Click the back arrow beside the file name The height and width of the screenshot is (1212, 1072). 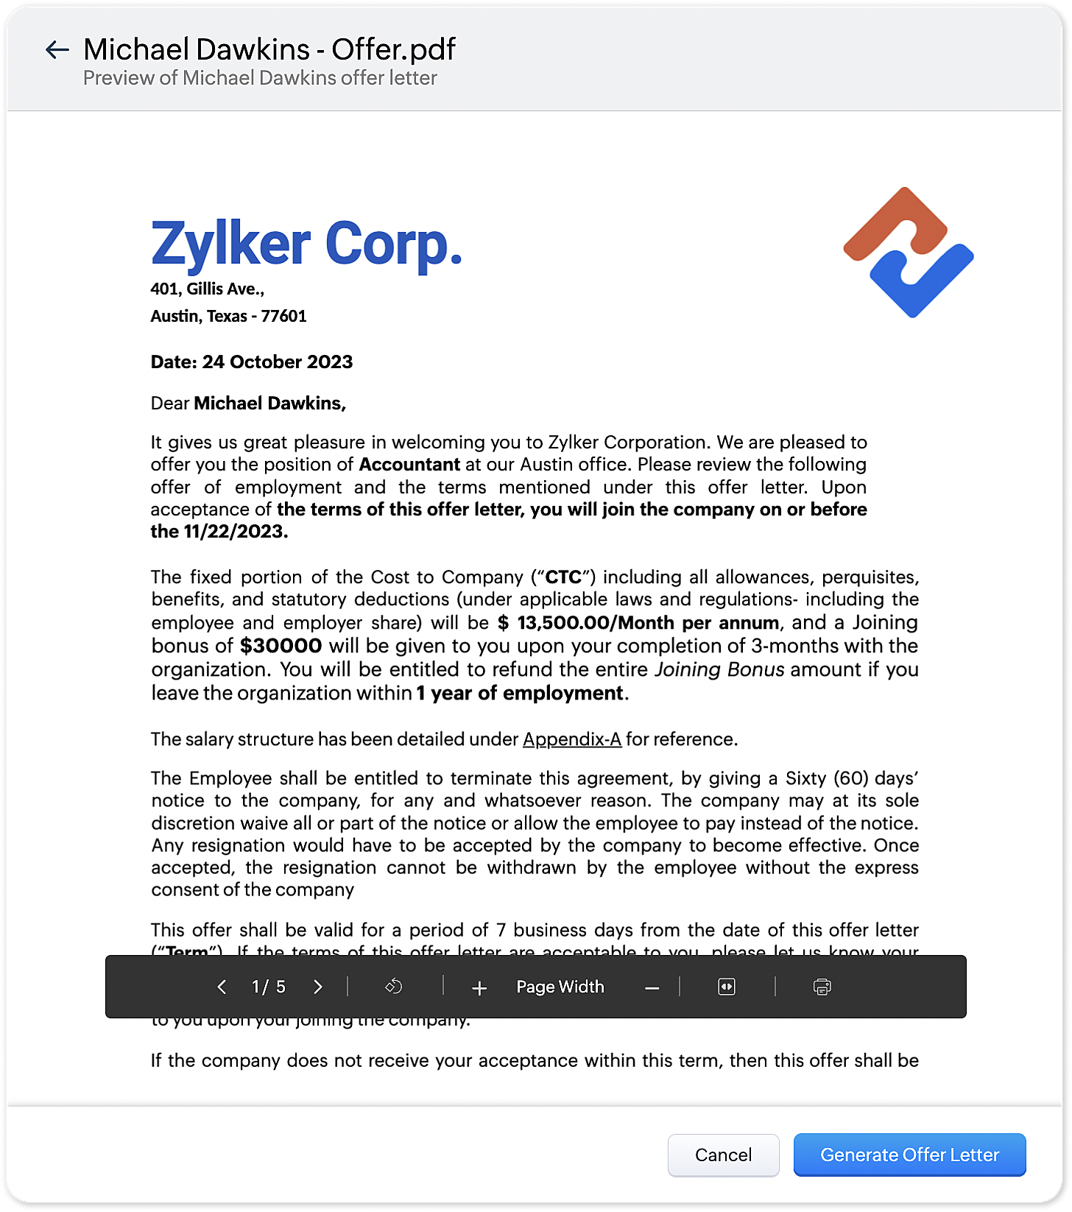pos(57,50)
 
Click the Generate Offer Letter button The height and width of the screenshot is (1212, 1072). pos(909,1155)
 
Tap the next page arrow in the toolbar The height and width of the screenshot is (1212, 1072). pos(318,987)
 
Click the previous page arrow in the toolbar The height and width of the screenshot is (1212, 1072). pos(222,987)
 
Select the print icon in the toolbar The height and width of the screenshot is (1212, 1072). pos(822,987)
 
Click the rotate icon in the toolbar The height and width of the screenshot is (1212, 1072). pos(394,987)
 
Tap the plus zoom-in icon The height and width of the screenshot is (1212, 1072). pos(479,987)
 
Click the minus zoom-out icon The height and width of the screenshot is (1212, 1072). pos(652,987)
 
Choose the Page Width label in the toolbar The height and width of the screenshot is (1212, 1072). pos(560,987)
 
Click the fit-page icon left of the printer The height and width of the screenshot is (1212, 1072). pos(726,987)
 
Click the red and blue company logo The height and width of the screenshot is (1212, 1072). pos(909,253)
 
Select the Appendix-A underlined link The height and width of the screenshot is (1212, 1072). pos(572,739)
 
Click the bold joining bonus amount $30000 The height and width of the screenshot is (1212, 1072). pos(281,646)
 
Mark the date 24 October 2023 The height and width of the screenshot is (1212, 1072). pos(278,362)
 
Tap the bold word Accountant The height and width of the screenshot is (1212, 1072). pos(409,465)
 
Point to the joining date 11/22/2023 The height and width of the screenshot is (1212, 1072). pos(233,532)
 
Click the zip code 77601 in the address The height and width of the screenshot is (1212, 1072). pos(283,317)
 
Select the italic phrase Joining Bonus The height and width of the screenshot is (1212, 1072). pos(719,669)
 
